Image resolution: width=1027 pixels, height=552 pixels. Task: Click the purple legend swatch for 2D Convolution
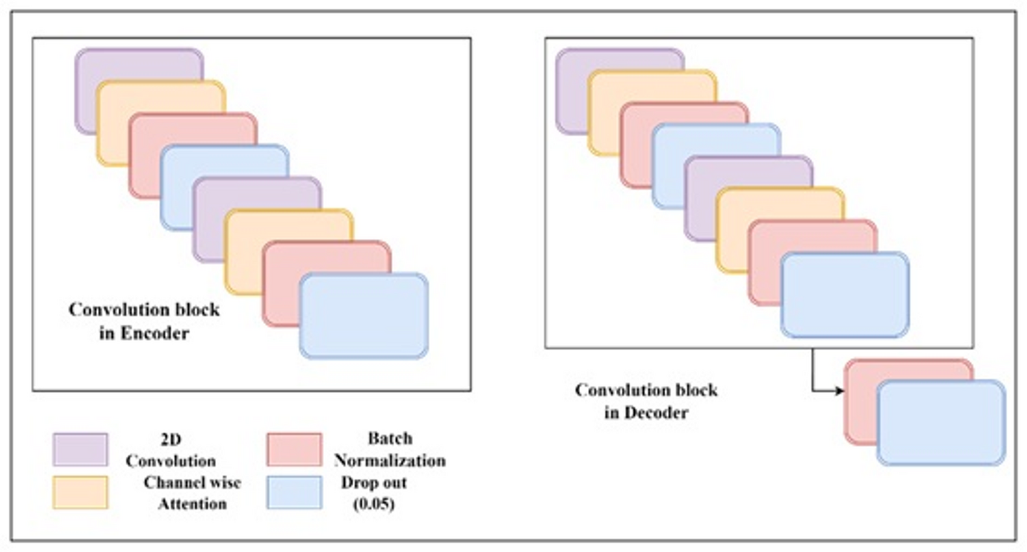click(x=80, y=449)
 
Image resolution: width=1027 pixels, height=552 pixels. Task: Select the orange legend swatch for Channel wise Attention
click(x=80, y=493)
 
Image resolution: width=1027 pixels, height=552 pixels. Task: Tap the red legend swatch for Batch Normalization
click(x=293, y=449)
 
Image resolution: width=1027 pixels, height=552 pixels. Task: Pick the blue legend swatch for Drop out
click(x=293, y=493)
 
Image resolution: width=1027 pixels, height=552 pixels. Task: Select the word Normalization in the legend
click(x=389, y=461)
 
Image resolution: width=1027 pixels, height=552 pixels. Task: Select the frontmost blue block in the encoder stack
click(x=364, y=316)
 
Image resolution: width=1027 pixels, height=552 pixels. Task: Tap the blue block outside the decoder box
click(x=941, y=423)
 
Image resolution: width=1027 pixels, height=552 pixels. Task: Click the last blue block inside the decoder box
click(x=844, y=295)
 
